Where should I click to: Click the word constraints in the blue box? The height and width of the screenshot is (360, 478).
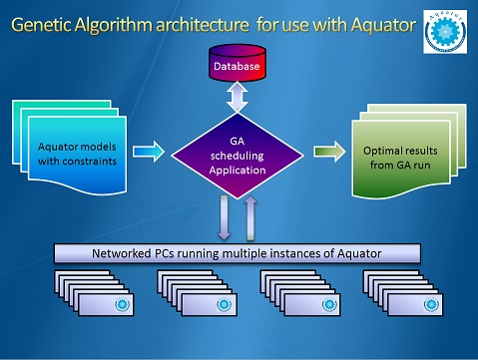click(93, 162)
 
